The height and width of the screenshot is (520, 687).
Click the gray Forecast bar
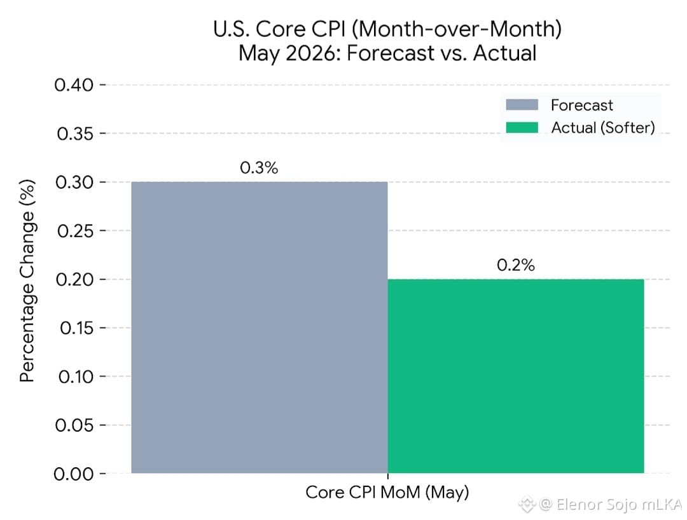260,327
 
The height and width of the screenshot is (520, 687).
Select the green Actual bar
516,376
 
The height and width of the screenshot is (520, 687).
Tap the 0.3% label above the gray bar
259,168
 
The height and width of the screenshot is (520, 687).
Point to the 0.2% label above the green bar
516,265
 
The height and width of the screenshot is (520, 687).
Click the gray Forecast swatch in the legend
522,105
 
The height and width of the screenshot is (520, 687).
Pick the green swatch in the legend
522,127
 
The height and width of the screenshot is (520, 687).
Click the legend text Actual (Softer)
603,128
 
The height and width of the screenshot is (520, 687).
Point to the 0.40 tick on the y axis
74,85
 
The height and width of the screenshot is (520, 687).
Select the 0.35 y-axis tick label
75,133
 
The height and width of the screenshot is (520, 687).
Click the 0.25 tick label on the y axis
75,231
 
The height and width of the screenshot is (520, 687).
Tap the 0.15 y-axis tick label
76,328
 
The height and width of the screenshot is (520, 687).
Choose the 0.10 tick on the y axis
76,376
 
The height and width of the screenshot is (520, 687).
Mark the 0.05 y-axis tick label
74,425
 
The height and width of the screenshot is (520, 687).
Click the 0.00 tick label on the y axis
74,474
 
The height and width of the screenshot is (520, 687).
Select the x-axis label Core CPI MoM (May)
387,493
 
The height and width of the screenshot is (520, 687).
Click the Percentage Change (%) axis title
27,280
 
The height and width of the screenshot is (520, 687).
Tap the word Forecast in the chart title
391,53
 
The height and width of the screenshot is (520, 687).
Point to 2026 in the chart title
313,53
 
